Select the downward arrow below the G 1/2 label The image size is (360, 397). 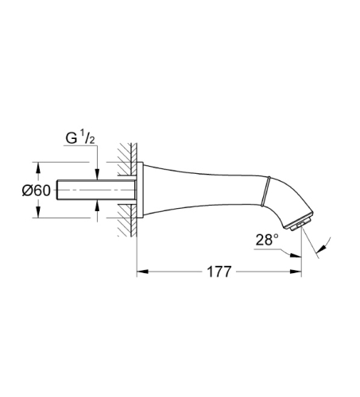[96, 176]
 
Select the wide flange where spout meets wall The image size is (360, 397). [141, 191]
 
